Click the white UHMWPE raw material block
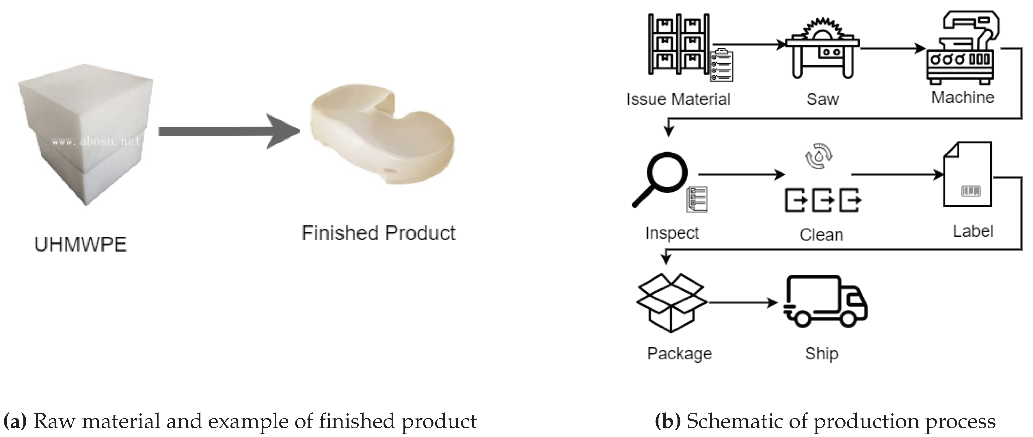tap(85, 136)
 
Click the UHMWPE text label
tap(81, 244)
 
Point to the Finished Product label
tap(379, 233)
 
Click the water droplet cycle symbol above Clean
tap(819, 156)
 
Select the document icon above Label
tap(968, 174)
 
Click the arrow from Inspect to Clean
tap(741, 174)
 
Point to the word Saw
tap(822, 99)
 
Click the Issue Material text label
tap(678, 99)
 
